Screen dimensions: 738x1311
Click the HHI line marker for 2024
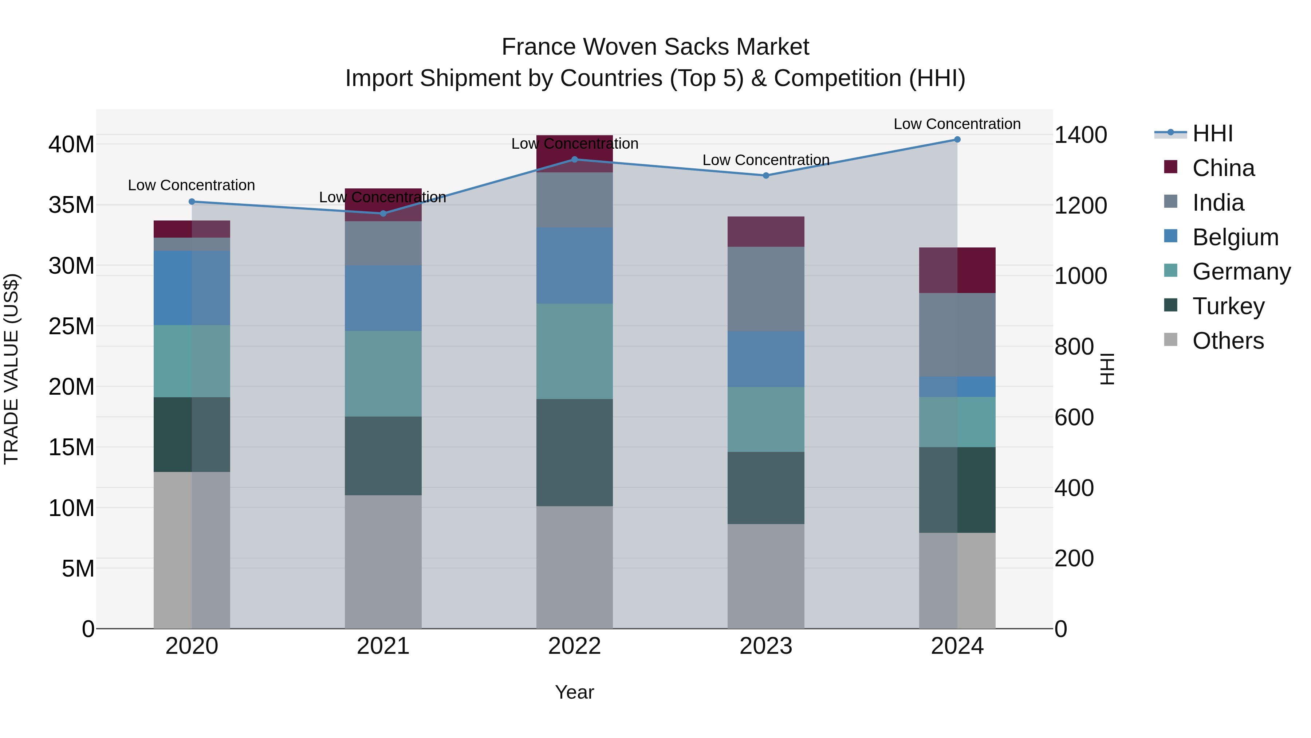(957, 140)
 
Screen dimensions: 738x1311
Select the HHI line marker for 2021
(383, 214)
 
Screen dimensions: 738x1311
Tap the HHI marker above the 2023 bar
(766, 176)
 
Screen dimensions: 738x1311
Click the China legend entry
(1223, 168)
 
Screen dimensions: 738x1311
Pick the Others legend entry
(1228, 341)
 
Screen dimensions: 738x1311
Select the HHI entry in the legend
(1212, 133)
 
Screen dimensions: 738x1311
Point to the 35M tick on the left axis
(71, 205)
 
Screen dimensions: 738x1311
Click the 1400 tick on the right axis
(1080, 135)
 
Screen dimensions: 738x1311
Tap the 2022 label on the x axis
(575, 646)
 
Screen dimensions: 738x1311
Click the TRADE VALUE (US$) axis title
(11, 369)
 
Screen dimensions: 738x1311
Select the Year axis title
(575, 692)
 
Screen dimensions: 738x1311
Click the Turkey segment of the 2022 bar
(575, 452)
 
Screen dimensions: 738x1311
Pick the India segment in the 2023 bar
(766, 289)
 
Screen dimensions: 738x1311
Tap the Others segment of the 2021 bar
(383, 562)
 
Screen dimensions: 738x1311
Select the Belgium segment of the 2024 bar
(957, 387)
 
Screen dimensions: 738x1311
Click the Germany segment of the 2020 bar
(192, 361)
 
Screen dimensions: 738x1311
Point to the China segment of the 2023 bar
(766, 232)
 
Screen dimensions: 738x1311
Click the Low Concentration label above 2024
(957, 124)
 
